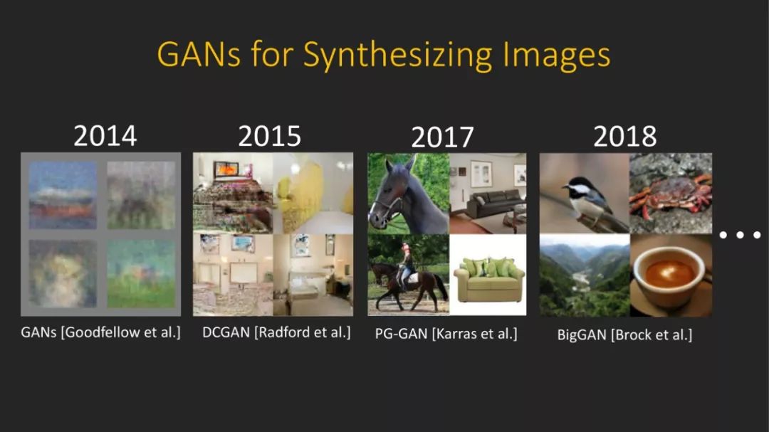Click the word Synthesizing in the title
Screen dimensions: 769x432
click(397, 54)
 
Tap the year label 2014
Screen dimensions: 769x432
click(105, 136)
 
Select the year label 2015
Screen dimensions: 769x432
click(269, 136)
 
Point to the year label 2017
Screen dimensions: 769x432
click(442, 137)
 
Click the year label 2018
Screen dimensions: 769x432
click(625, 136)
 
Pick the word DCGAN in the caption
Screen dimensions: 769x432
click(226, 332)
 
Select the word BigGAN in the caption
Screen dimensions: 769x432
click(582, 335)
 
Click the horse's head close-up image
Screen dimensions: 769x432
click(409, 193)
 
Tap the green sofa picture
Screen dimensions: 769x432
click(488, 275)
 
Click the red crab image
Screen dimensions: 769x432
click(671, 193)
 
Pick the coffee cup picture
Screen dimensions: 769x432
click(671, 275)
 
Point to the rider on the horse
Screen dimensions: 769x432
click(406, 267)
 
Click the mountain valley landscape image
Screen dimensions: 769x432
click(585, 275)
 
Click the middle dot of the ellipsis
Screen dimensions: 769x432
click(740, 235)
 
